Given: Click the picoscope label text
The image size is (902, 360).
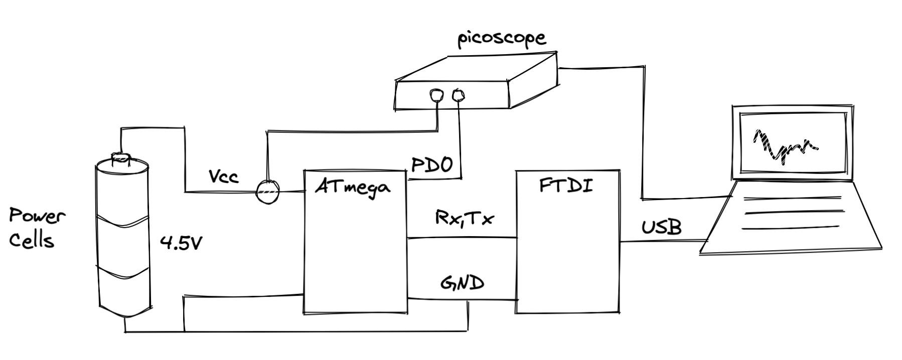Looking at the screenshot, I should click(x=501, y=40).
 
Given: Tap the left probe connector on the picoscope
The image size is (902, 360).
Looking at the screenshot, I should click(x=436, y=95).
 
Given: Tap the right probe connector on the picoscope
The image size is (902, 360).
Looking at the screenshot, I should click(x=459, y=94).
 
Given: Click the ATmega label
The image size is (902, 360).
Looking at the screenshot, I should click(x=354, y=188).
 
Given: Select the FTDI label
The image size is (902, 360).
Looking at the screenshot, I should click(x=566, y=186).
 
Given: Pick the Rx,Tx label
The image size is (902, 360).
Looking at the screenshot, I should click(x=464, y=219).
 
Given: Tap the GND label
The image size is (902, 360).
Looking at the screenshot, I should click(x=462, y=283).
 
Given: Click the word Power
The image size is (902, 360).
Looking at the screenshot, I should click(x=37, y=217).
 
